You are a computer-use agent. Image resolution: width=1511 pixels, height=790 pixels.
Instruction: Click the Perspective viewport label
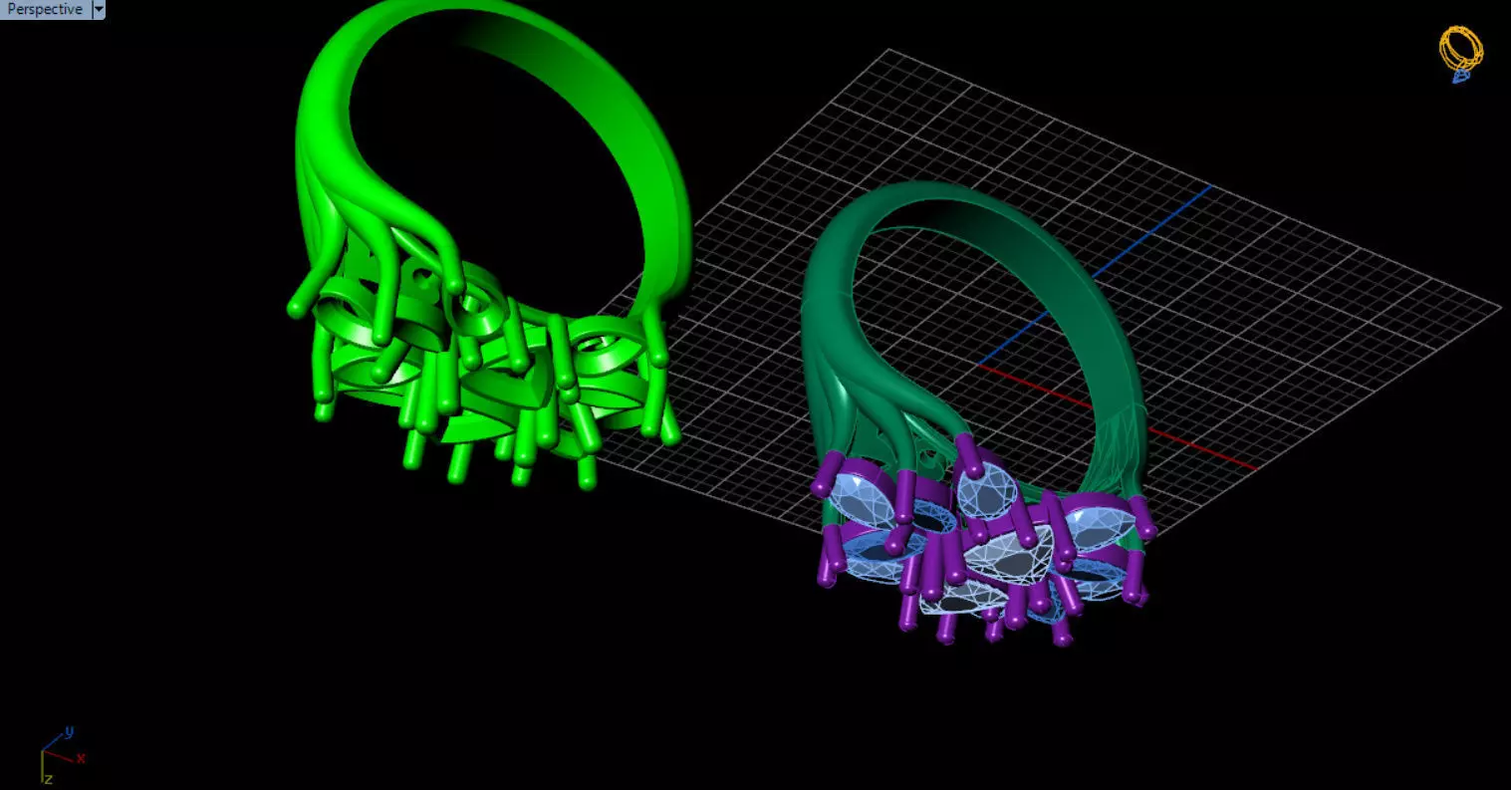click(x=44, y=10)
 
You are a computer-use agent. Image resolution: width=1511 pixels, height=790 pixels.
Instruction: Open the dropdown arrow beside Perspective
click(x=99, y=10)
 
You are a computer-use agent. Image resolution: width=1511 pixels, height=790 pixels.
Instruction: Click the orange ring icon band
click(x=1461, y=44)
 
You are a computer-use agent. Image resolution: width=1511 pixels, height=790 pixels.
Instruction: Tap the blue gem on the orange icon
click(x=1460, y=75)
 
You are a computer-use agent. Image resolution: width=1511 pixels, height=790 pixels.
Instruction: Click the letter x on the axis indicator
click(x=81, y=758)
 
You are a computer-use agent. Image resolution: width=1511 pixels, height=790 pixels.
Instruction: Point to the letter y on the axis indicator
click(x=69, y=732)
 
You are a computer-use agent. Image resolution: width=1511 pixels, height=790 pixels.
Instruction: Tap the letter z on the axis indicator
click(x=47, y=778)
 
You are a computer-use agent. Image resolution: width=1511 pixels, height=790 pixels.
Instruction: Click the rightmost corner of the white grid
click(x=1500, y=308)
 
